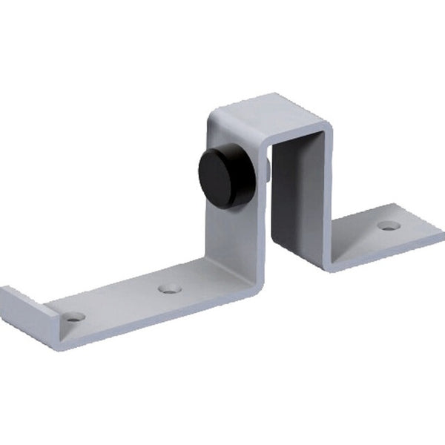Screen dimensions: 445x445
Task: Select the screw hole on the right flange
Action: point(388,225)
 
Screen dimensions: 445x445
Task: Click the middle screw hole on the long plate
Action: point(169,287)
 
